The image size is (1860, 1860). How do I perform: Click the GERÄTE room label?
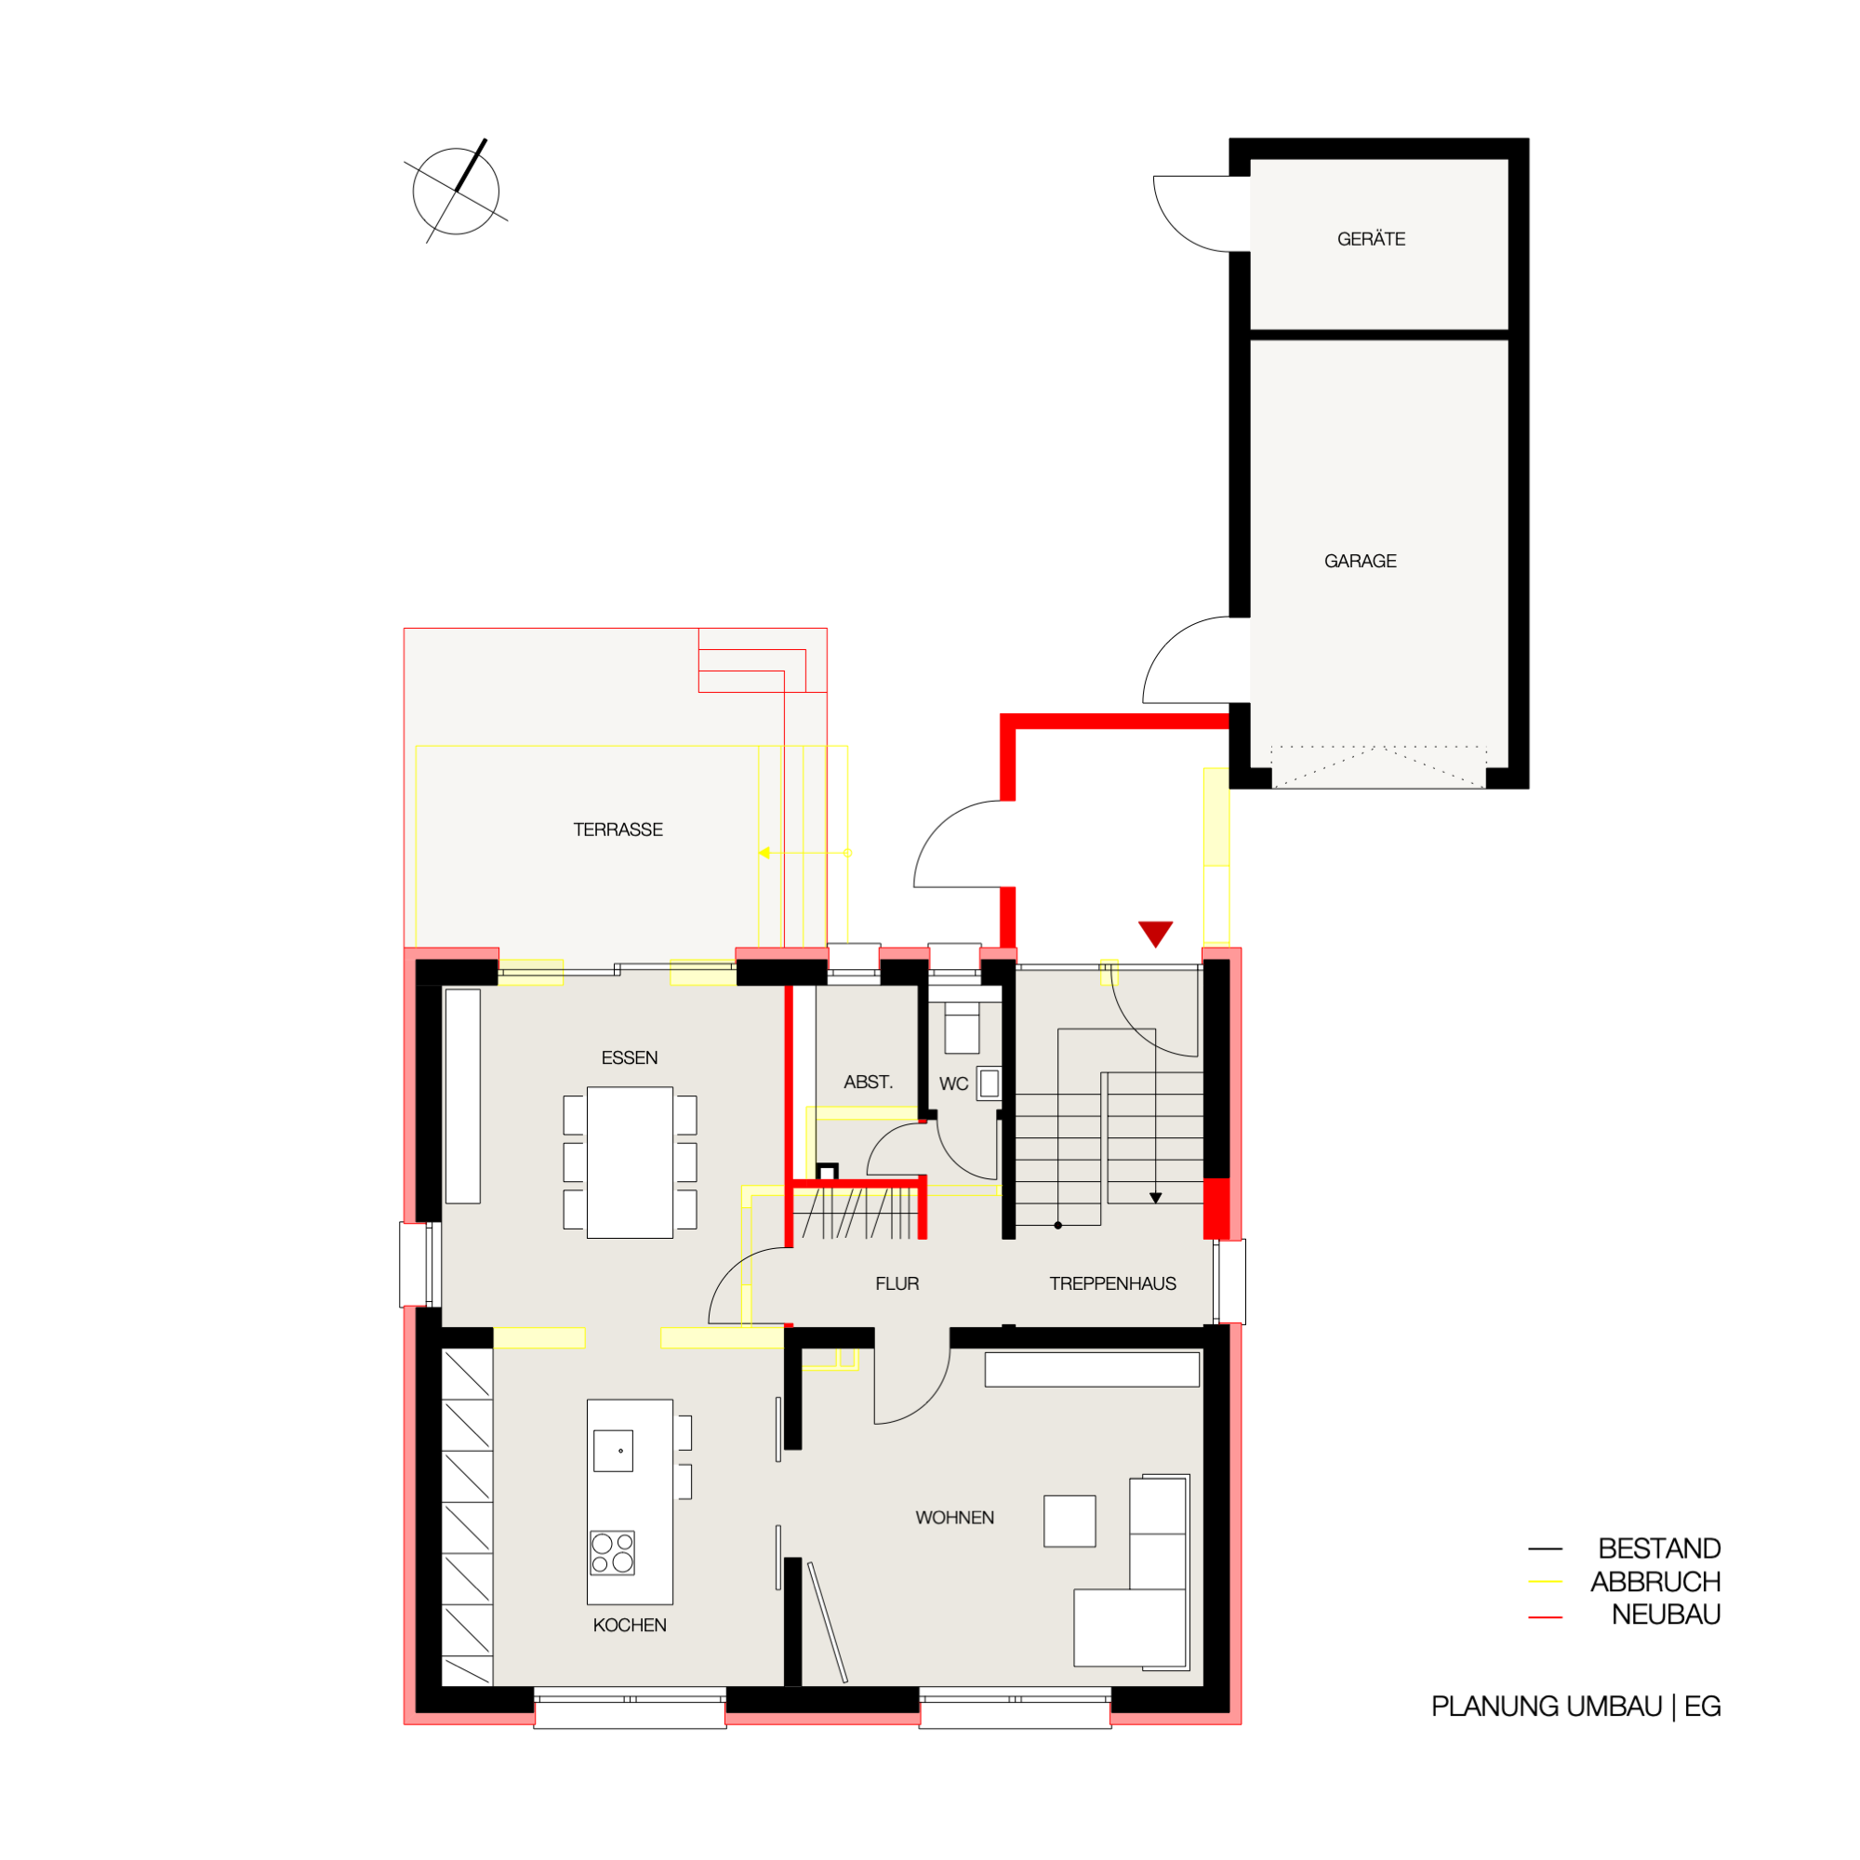pos(1371,239)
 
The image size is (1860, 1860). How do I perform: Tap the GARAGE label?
pos(1361,562)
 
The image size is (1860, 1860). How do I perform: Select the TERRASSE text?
pos(618,830)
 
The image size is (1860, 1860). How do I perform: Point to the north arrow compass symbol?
pos(457,191)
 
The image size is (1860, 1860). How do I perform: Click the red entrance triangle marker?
pos(1155,933)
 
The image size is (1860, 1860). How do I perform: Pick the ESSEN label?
pos(630,1058)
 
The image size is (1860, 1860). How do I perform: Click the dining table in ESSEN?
pos(630,1162)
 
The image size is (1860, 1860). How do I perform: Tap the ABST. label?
pos(869,1083)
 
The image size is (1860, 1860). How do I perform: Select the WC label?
pos(954,1084)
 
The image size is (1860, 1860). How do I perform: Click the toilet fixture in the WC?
pos(962,1029)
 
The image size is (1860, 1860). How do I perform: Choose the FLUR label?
pos(897,1283)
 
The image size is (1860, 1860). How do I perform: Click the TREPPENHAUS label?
pos(1113,1283)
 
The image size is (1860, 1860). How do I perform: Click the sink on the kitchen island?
pos(613,1451)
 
